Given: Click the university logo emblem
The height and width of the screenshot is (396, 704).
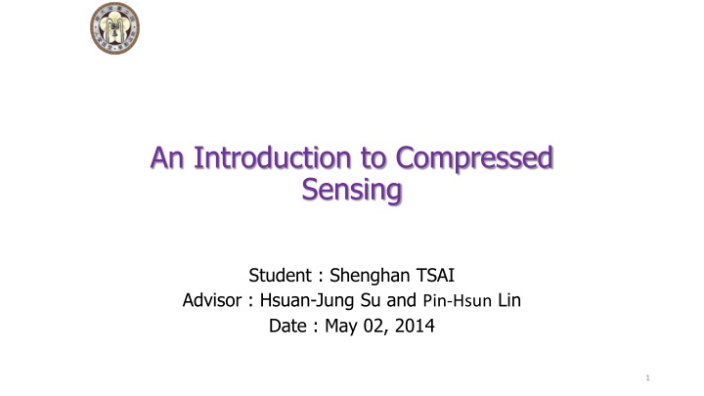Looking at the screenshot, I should point(113,28).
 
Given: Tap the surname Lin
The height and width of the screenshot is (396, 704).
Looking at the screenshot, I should point(510,300).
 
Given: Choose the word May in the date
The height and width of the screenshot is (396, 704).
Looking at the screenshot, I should point(342,328).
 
